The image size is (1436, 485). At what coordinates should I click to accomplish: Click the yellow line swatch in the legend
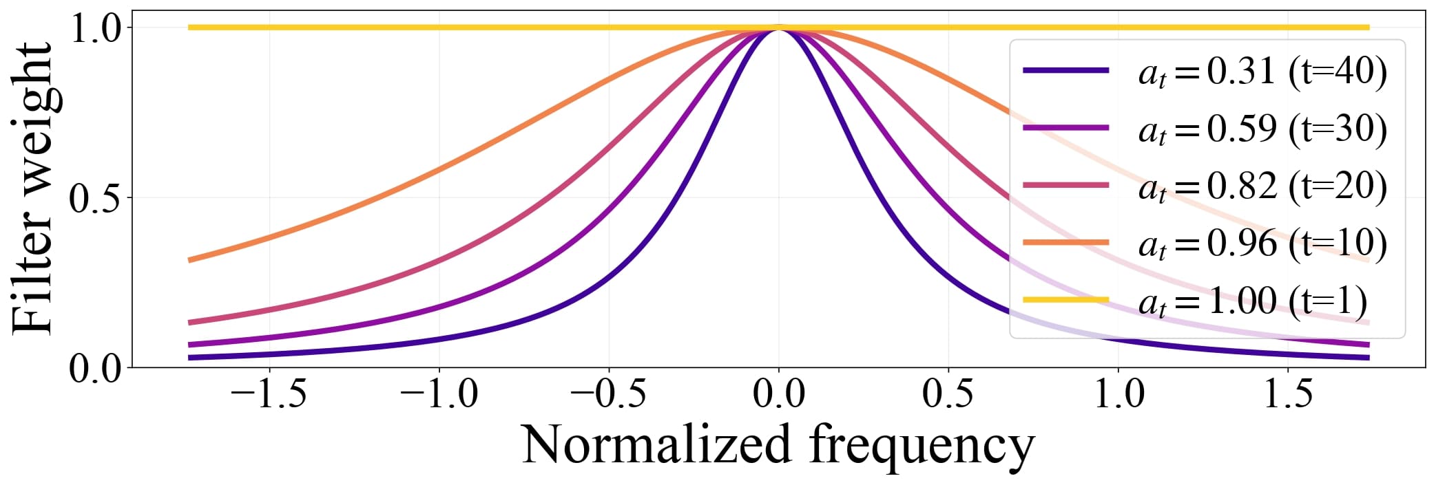1065,299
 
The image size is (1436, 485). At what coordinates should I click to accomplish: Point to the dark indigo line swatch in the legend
1065,70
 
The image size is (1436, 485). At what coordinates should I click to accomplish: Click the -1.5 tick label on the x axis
268,395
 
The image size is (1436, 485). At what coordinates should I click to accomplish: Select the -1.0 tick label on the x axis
438,395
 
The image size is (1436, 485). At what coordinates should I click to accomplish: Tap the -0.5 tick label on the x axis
608,395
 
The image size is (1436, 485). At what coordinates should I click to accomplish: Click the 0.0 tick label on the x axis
778,395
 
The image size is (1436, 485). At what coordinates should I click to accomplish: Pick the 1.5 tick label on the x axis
1288,395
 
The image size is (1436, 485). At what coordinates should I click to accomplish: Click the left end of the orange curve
190,260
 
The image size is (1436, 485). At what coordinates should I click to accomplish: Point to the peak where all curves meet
778,28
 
